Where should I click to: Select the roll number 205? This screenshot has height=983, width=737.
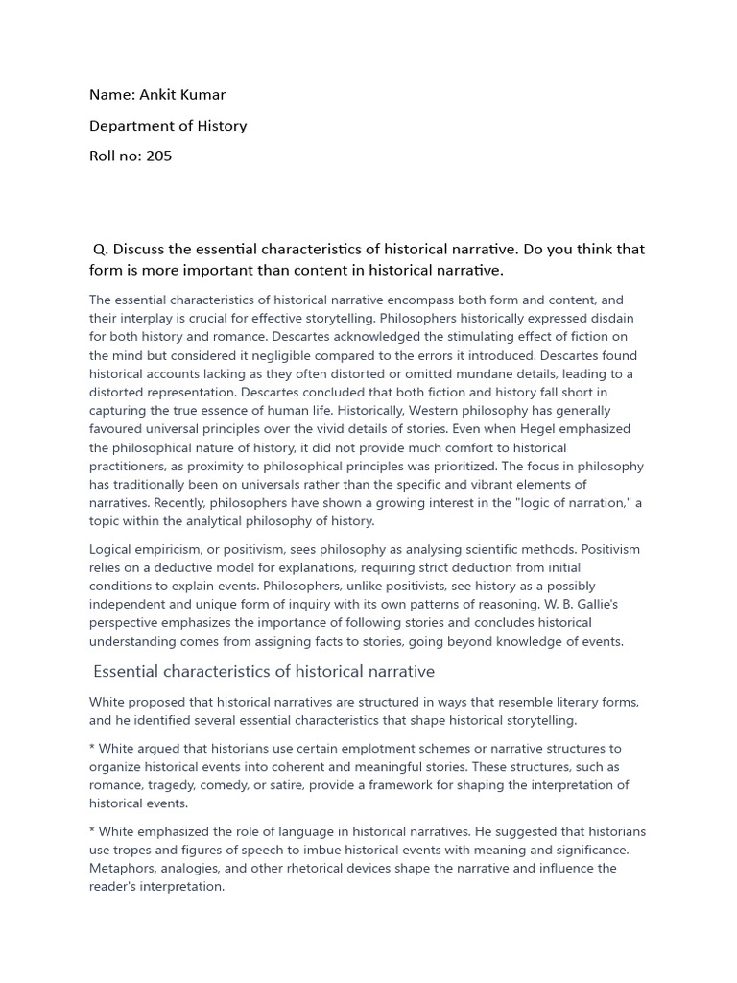tap(159, 156)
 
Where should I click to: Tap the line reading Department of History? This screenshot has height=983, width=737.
tap(168, 125)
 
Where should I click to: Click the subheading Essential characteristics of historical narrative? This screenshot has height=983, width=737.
tap(264, 671)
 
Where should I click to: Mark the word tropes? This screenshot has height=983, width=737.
tap(135, 850)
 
